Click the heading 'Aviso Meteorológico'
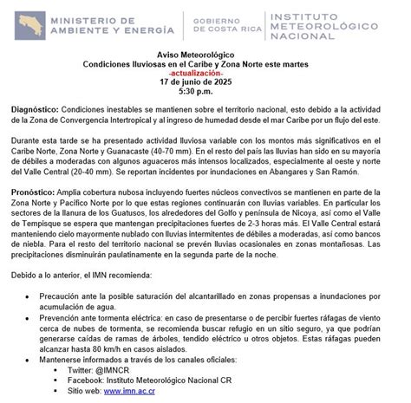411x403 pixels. click(205, 55)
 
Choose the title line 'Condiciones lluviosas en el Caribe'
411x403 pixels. click(205, 64)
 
